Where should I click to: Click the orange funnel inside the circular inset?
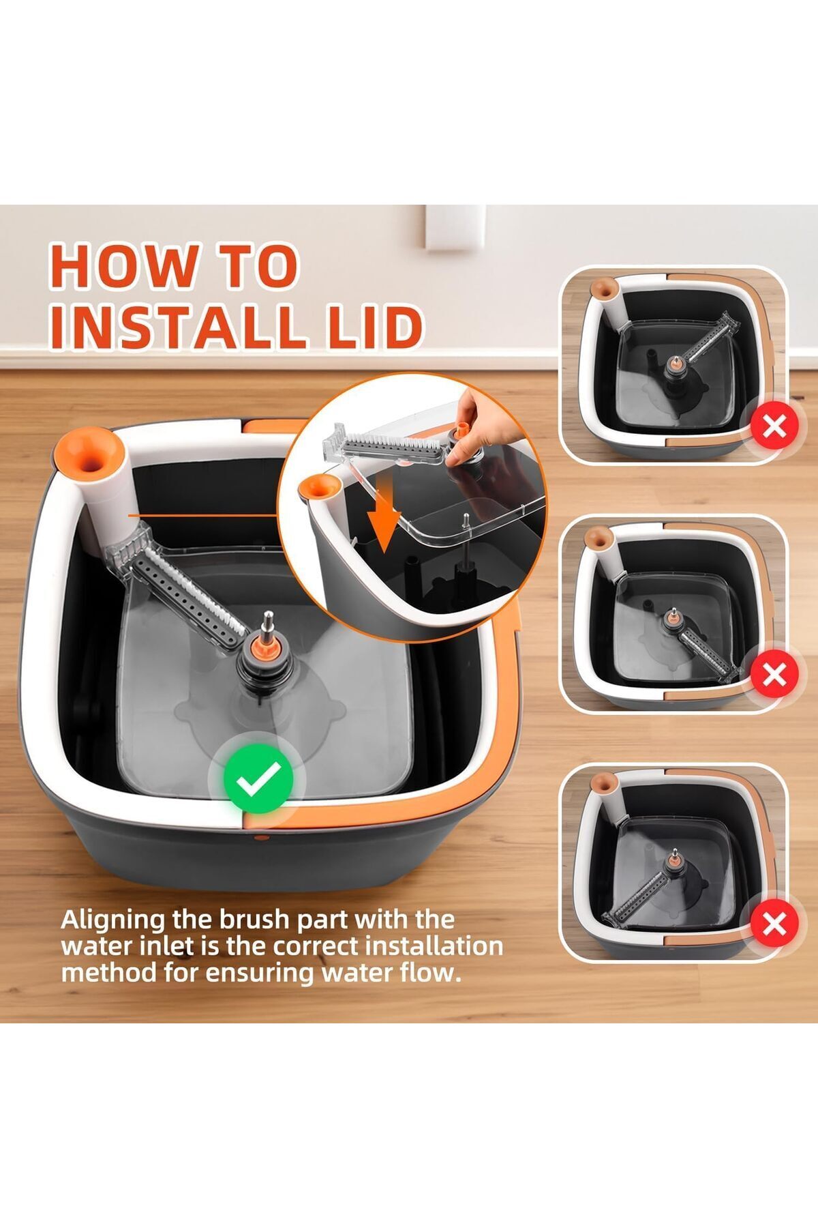tap(320, 488)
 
